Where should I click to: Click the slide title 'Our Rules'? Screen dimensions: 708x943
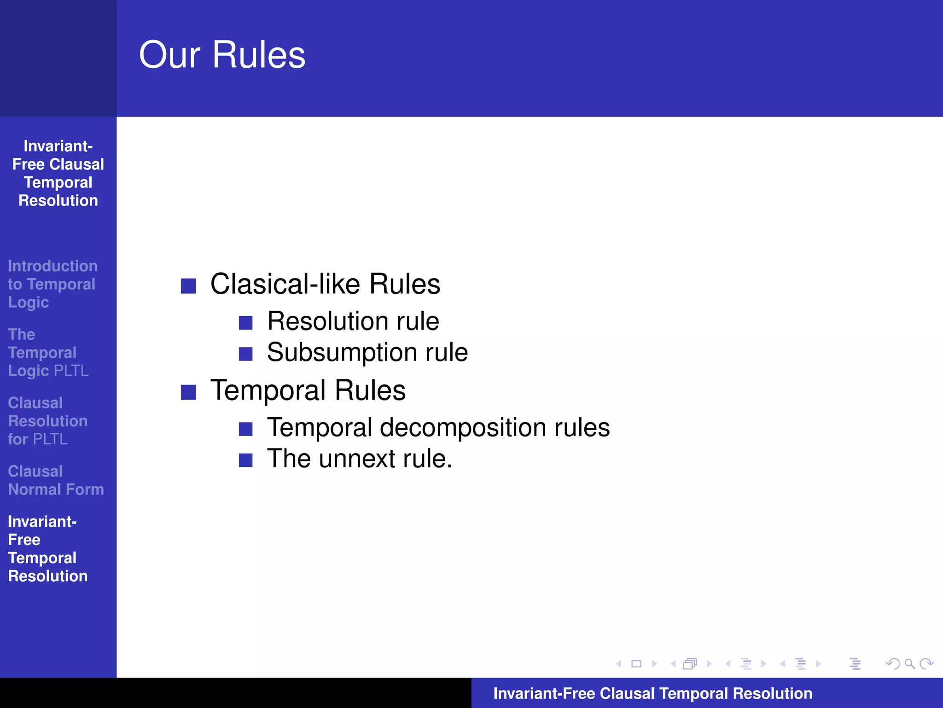[x=222, y=55]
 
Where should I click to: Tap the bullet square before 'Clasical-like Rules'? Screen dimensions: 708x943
[x=188, y=286]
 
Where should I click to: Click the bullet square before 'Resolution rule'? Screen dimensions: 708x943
[x=246, y=323]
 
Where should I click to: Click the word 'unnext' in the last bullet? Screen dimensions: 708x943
[x=357, y=459]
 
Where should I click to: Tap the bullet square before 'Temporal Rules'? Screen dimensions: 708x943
[x=188, y=392]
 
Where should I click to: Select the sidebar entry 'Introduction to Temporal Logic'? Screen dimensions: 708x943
[x=52, y=284]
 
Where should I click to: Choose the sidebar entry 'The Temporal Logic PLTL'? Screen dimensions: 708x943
[x=48, y=353]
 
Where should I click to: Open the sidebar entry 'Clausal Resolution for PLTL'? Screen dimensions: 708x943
[x=47, y=421]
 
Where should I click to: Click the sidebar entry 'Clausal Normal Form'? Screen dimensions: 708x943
[x=56, y=480]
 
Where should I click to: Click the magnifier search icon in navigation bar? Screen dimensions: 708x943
[x=909, y=664]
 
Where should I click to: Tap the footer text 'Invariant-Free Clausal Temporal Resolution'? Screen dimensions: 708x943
[x=652, y=693]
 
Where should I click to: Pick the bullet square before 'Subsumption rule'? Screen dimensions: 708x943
[x=246, y=354]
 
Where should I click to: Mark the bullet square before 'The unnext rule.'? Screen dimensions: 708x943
[x=246, y=460]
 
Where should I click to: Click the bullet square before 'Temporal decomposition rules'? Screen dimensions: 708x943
[x=246, y=429]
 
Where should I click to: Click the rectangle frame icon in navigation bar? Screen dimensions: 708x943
[x=636, y=664]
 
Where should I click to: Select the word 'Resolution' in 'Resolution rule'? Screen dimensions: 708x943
[x=327, y=321]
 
